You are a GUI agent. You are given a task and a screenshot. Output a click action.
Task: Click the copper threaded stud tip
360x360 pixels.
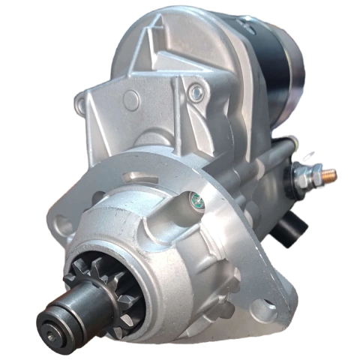coord(330,175)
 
